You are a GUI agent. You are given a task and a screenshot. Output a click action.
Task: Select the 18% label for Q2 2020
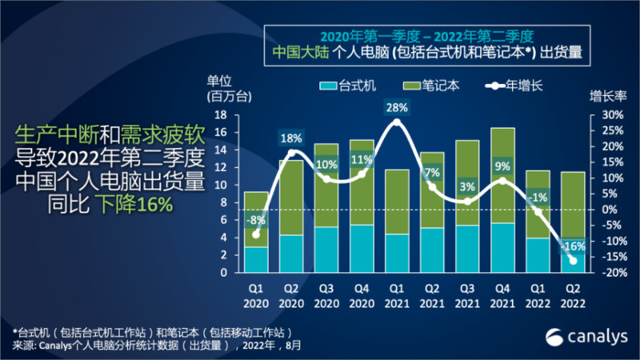tap(291, 139)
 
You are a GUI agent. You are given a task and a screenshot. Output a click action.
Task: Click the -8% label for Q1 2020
tap(257, 219)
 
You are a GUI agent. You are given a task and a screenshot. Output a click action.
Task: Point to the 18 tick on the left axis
tap(220, 115)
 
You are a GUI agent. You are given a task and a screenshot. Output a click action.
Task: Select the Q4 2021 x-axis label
tap(501, 291)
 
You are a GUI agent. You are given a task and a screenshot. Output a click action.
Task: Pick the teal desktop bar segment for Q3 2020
tap(325, 249)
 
